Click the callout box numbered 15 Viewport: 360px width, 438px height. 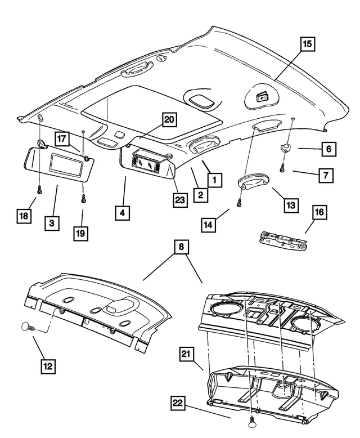point(307,43)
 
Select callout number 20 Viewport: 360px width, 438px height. point(169,119)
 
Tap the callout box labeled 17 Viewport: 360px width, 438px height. point(62,138)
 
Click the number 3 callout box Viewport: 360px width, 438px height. point(51,224)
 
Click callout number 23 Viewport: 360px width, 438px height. point(180,201)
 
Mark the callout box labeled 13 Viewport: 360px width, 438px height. point(290,206)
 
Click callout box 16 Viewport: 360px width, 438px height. point(319,212)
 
